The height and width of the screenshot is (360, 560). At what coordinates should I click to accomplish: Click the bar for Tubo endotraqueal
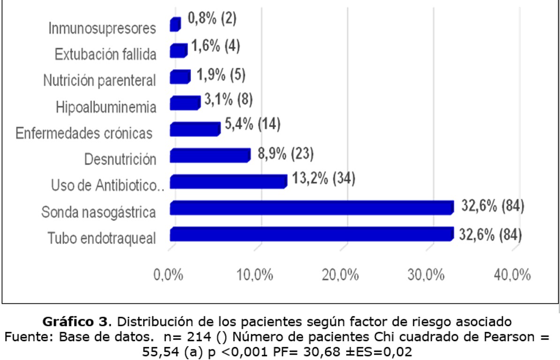coord(311,234)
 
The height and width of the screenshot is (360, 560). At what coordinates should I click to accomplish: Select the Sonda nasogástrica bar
coord(311,208)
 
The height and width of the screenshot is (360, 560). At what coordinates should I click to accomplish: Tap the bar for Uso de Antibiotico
coord(228,181)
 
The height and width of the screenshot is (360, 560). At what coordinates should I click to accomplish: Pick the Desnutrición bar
coord(210,155)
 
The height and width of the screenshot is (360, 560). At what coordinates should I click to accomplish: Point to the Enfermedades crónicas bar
coord(195,129)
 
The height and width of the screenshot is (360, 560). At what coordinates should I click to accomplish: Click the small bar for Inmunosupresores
coord(175,24)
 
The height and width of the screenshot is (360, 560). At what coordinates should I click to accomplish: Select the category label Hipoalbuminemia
coord(106,107)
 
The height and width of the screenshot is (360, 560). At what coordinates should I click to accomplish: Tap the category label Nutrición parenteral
coord(99,81)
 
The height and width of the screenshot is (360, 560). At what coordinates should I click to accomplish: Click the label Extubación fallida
coord(105,54)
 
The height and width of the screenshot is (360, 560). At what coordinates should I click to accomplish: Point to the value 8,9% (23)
coord(285,153)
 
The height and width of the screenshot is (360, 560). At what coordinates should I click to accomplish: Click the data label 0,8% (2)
coord(212,19)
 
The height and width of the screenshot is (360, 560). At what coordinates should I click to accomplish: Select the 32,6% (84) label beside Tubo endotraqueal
coord(491,234)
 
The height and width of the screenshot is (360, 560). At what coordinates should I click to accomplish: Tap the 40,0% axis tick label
coord(512,275)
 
